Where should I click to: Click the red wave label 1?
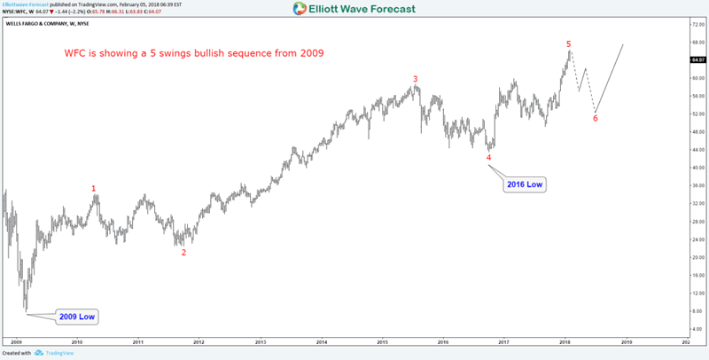(95, 188)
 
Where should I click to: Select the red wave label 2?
(183, 252)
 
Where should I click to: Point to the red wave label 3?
(416, 78)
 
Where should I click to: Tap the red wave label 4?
(488, 157)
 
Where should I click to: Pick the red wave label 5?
(568, 43)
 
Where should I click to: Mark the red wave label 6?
(595, 118)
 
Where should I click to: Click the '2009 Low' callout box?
(77, 317)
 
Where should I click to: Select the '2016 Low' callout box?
(525, 184)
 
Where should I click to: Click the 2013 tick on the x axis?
(260, 341)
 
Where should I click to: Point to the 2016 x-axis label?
(443, 341)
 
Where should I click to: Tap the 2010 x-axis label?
(77, 341)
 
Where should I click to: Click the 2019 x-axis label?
(627, 341)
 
